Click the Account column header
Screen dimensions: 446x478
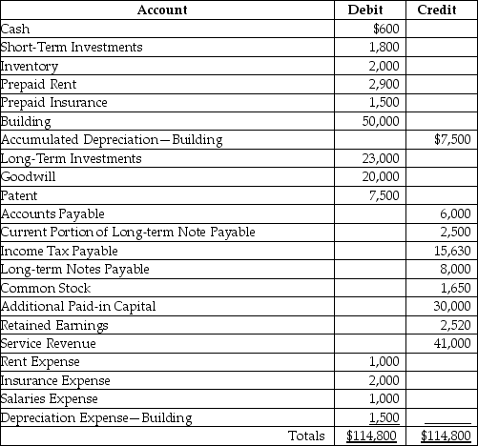[x=162, y=10]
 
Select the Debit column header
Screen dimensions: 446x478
[x=374, y=10]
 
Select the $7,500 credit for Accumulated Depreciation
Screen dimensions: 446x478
[x=453, y=139]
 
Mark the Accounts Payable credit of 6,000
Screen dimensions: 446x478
[x=454, y=213]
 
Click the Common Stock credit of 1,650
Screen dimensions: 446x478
[x=454, y=288]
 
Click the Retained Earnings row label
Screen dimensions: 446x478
[x=54, y=325]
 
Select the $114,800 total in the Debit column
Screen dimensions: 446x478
[x=373, y=436]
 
